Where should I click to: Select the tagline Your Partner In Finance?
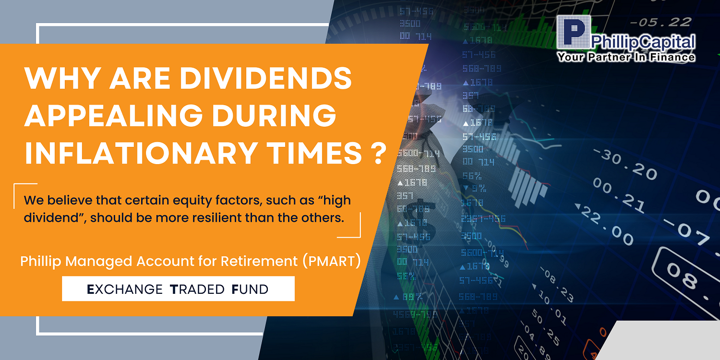626,57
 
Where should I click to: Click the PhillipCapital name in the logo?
643,42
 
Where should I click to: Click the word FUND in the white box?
250,289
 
